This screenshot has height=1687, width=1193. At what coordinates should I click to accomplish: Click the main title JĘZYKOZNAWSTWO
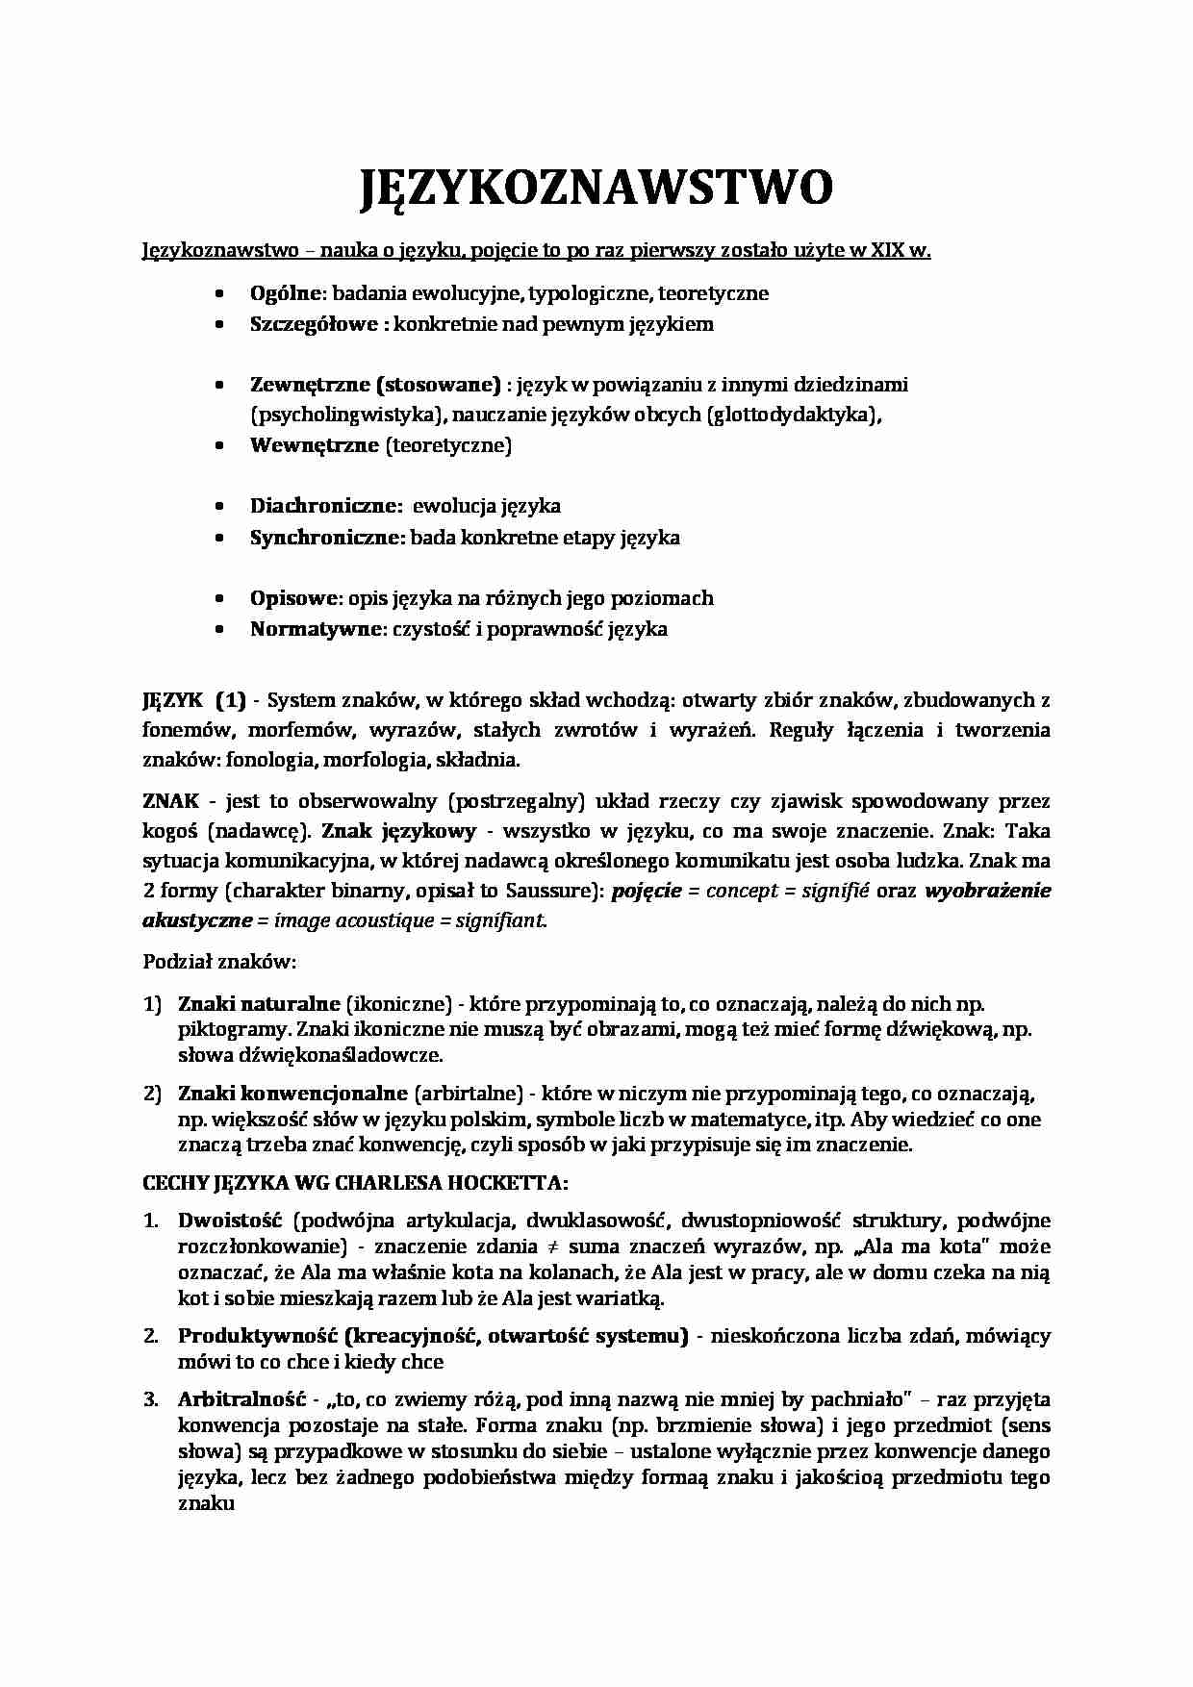[x=596, y=189]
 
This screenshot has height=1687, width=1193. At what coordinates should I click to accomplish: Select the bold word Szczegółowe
[x=314, y=324]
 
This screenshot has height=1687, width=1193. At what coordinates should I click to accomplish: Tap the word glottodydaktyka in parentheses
[x=794, y=415]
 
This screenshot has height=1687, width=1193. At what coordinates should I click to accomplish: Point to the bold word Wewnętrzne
[x=315, y=445]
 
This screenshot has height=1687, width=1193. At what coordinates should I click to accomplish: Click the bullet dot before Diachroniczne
[x=220, y=506]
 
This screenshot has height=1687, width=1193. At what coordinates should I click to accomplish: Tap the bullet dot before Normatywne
[x=220, y=629]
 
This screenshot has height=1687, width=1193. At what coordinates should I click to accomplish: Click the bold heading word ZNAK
[x=170, y=801]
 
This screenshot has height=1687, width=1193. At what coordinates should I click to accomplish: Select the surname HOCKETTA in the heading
[x=515, y=1182]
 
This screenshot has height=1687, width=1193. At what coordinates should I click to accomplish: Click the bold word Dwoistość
[x=229, y=1221]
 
